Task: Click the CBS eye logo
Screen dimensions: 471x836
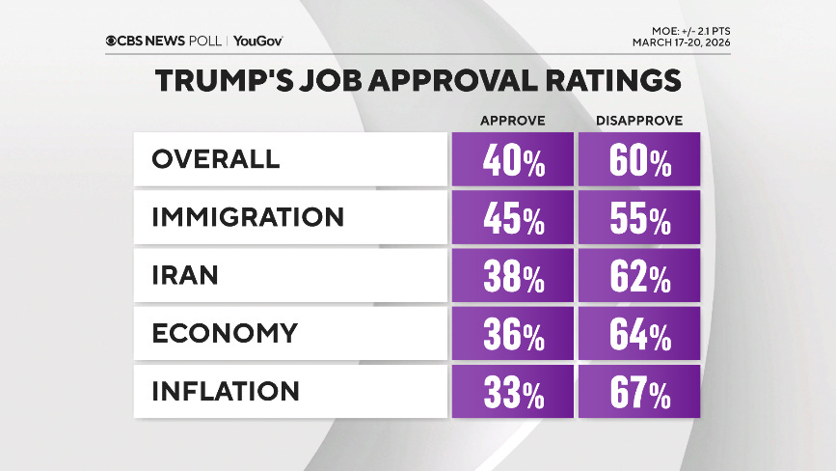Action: pos(114,41)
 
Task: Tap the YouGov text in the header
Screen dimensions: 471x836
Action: pos(257,41)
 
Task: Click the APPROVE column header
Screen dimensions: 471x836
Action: pos(513,121)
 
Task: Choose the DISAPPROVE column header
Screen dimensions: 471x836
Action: pos(638,121)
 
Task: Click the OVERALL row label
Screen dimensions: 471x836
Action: pos(216,159)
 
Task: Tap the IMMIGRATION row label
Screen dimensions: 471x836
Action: pos(248,217)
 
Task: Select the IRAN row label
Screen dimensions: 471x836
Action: pos(185,275)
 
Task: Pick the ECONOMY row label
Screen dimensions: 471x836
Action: pos(225,333)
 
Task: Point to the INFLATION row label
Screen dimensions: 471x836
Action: pos(226,391)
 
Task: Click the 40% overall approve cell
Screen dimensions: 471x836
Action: pos(512,160)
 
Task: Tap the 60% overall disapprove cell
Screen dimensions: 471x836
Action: pos(638,160)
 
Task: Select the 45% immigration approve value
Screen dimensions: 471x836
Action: pos(512,218)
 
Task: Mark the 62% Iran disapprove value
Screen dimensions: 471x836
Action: pos(638,276)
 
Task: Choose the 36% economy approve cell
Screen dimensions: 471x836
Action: pos(512,334)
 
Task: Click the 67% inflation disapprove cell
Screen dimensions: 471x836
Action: pos(638,392)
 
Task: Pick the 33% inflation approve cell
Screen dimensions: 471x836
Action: pos(512,392)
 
